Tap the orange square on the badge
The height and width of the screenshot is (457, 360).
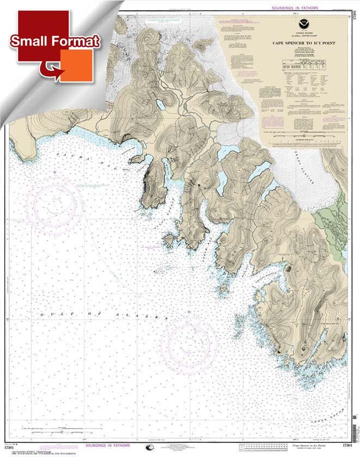pyautogui.click(x=79, y=65)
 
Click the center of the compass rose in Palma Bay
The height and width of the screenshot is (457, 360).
pyautogui.click(x=55, y=202)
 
